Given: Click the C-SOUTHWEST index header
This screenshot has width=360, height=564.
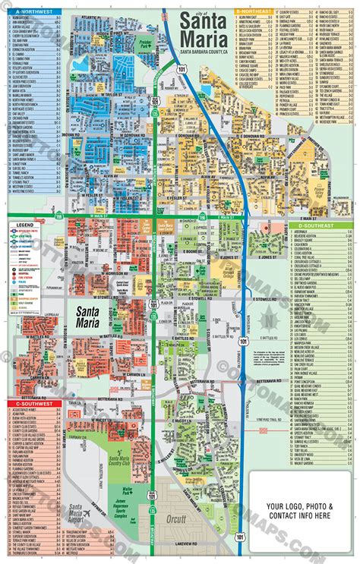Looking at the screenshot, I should tap(30, 404).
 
